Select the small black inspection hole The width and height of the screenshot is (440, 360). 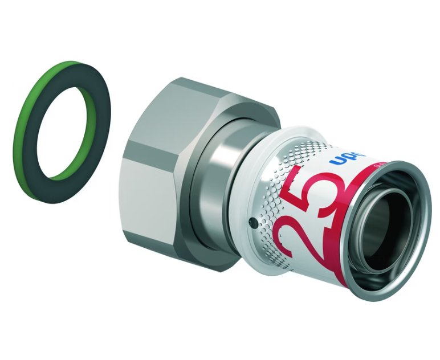pos(250,219)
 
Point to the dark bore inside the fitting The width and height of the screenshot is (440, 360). pos(396,239)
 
